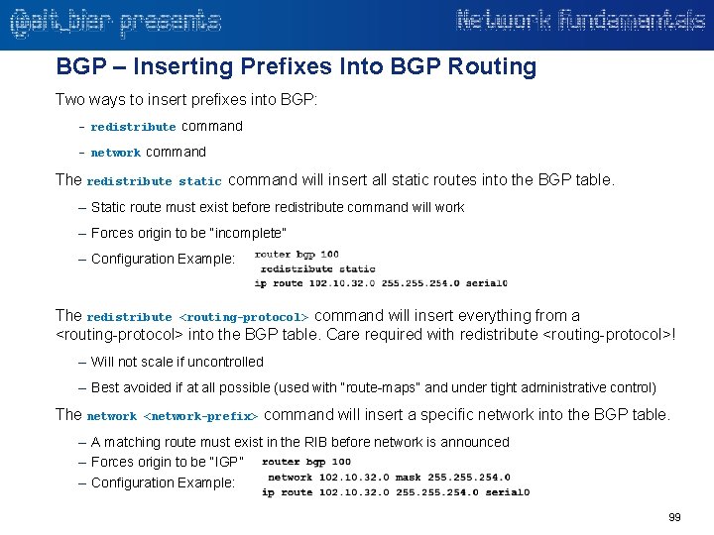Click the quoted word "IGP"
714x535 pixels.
(226, 462)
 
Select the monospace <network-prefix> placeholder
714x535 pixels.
(202, 416)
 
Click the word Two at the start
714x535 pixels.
(70, 100)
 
